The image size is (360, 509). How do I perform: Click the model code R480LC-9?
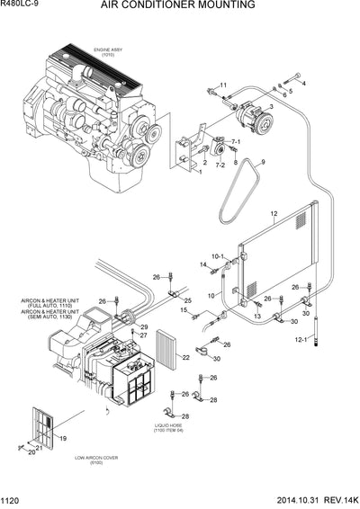21,5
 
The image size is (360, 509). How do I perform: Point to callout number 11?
224,85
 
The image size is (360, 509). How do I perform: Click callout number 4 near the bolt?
303,83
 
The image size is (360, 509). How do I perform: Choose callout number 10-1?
217,257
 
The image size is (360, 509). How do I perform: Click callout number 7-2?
219,165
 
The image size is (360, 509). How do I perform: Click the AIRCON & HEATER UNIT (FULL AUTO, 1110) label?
40,304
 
